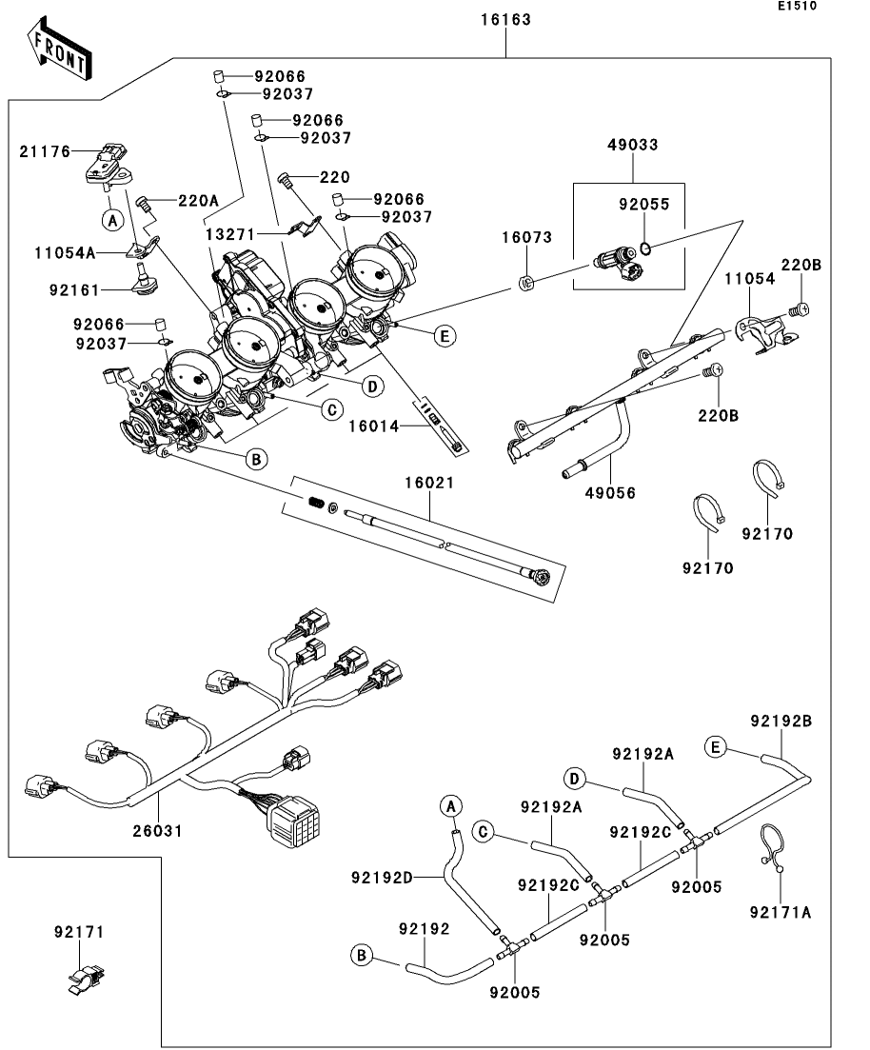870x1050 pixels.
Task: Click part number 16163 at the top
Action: click(505, 20)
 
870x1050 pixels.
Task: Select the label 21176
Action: click(45, 152)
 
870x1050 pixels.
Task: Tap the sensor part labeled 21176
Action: click(108, 164)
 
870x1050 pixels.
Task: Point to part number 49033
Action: click(633, 145)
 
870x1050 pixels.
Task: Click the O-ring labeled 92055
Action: click(645, 249)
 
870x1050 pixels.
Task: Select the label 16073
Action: click(527, 238)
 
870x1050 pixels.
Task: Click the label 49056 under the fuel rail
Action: click(610, 493)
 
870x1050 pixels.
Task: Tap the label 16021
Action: click(429, 483)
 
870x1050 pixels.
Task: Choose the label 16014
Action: click(374, 426)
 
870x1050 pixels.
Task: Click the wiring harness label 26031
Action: click(157, 831)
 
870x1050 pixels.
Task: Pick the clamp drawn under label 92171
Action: click(87, 979)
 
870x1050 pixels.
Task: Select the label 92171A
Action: click(781, 913)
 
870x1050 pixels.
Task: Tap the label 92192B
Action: click(781, 722)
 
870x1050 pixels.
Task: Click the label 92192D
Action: click(383, 878)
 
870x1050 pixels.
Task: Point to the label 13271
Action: click(230, 234)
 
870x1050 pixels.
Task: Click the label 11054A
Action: click(66, 253)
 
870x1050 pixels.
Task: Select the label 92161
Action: click(74, 290)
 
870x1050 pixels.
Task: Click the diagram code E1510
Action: click(797, 6)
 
